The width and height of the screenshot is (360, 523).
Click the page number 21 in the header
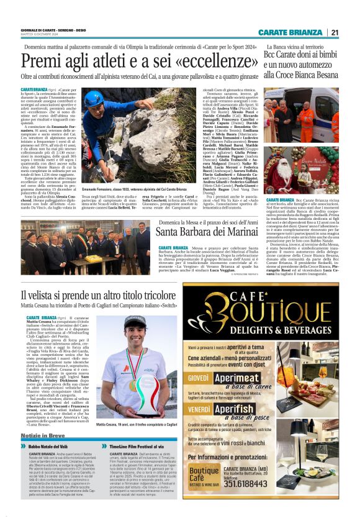tap(335, 33)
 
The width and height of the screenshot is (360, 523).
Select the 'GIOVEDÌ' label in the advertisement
tap(199, 377)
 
